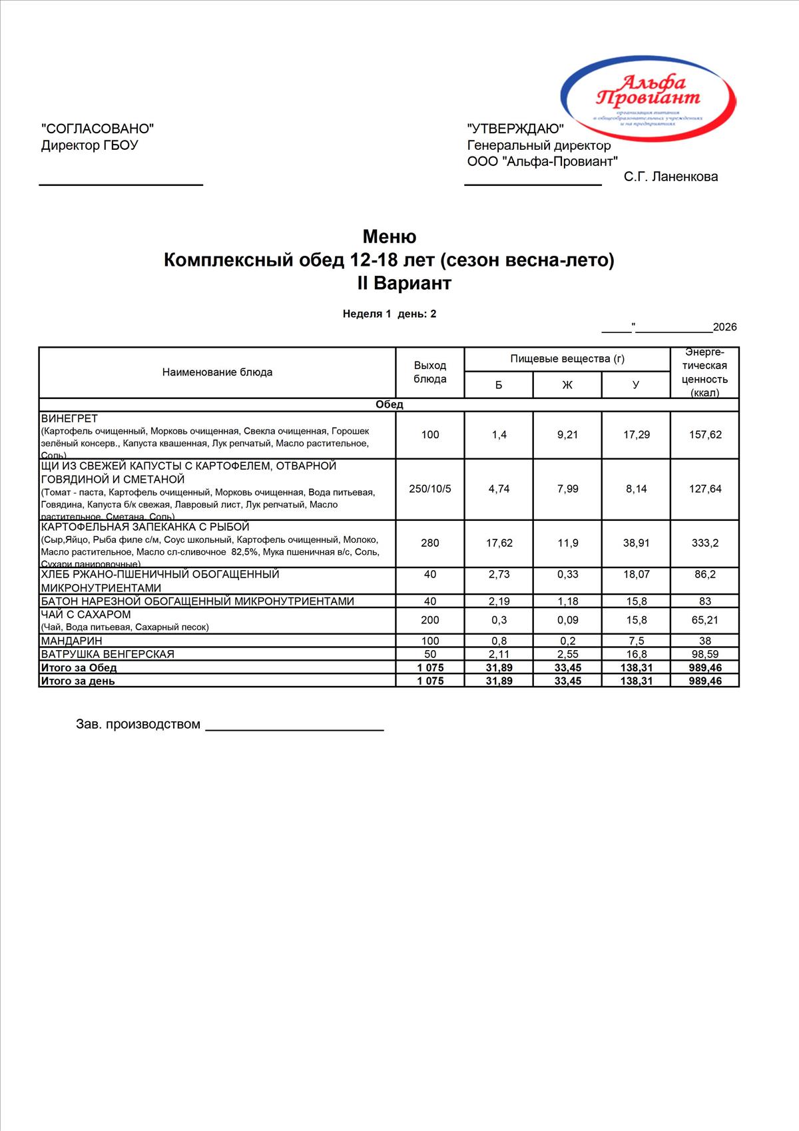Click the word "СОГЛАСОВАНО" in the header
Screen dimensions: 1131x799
(97, 129)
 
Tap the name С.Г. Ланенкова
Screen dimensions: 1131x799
(670, 177)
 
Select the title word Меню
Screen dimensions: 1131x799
(390, 236)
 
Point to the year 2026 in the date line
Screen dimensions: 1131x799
(724, 327)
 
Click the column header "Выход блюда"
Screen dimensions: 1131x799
(430, 372)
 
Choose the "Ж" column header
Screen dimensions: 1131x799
(567, 385)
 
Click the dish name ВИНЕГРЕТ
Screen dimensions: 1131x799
(69, 419)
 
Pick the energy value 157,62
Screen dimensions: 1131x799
(705, 435)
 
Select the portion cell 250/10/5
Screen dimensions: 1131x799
(430, 489)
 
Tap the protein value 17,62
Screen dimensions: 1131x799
(499, 544)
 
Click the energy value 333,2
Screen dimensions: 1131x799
(705, 544)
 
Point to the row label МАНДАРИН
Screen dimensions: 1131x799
(72, 641)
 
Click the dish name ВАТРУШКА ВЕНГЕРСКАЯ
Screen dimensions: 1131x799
(107, 654)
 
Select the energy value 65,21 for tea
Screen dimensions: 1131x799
(705, 620)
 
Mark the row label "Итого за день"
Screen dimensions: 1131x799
(78, 681)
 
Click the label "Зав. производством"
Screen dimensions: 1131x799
(138, 725)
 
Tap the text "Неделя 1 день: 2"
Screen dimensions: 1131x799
(390, 314)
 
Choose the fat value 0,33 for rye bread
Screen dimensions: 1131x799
(567, 574)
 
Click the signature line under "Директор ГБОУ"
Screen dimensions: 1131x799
(121, 185)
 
